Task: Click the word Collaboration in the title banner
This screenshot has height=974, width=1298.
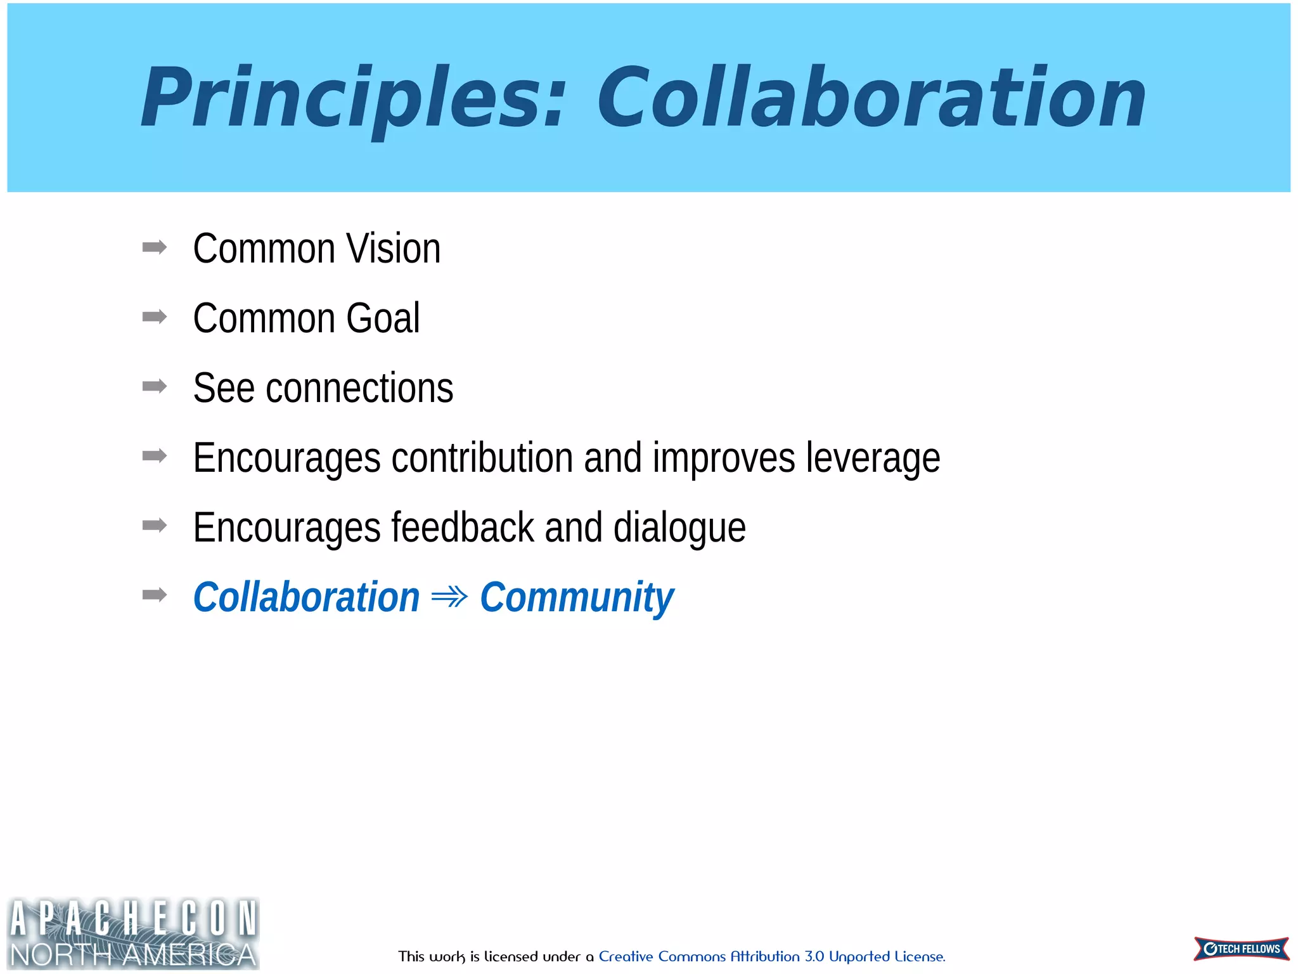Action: [x=871, y=98]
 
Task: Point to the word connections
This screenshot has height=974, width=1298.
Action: [x=359, y=388]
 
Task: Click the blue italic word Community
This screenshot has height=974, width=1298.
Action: [x=577, y=597]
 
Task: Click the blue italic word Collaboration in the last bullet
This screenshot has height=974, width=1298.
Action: [x=306, y=597]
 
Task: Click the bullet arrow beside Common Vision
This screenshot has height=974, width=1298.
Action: [x=155, y=247]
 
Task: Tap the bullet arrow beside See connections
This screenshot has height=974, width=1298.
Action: [x=155, y=386]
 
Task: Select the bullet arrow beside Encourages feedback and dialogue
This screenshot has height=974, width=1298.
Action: [x=155, y=525]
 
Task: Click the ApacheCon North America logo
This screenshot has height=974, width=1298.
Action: [x=133, y=933]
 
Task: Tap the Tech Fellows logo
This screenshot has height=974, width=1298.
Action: [x=1241, y=949]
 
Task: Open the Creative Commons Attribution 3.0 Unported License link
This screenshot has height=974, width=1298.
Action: [x=771, y=956]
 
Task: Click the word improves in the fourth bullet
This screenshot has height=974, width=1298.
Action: [x=723, y=458]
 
